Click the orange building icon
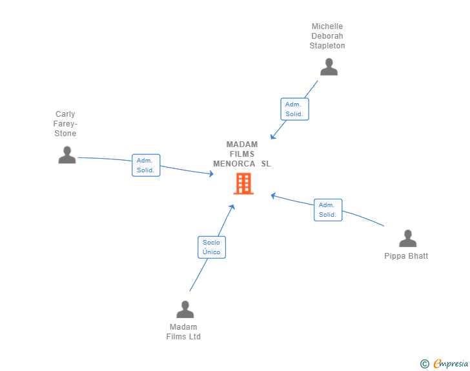[243, 183]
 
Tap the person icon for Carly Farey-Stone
[67, 155]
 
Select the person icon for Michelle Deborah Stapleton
[329, 67]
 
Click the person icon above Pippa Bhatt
[407, 238]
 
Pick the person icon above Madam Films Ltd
[185, 309]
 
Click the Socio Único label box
[212, 247]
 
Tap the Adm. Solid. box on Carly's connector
[146, 165]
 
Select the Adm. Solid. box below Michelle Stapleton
[294, 109]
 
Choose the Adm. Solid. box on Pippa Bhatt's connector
[328, 210]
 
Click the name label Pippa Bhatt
[406, 256]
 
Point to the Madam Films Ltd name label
[183, 332]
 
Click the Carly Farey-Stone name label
[65, 124]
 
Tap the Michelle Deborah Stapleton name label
[327, 36]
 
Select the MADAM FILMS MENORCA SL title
[242, 154]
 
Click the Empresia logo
[451, 363]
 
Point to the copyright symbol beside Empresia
[425, 364]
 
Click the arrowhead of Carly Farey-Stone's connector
[212, 174]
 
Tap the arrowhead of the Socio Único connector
[232, 207]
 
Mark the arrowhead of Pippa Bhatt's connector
[273, 196]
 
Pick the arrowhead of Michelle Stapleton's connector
[272, 137]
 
